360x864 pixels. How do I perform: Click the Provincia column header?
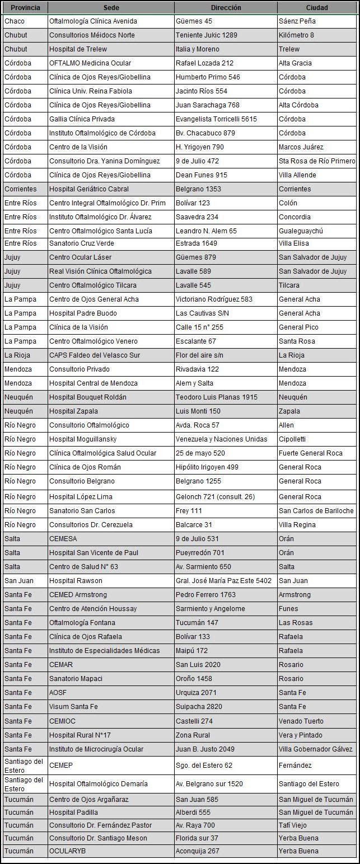25,8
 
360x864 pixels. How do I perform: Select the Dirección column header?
226,8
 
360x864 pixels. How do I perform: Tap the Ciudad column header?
317,8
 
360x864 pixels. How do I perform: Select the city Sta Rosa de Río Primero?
316,161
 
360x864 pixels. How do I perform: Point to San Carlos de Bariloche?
316,511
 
